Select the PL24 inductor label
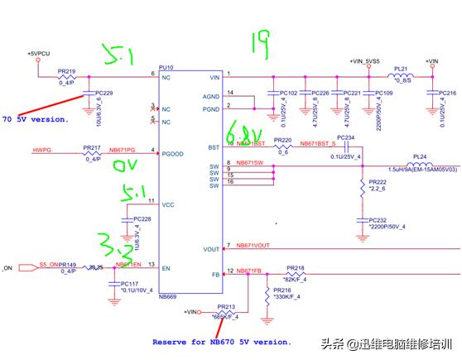[419, 156]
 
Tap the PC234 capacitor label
[345, 137]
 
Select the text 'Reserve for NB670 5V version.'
[221, 341]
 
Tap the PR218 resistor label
[296, 268]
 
